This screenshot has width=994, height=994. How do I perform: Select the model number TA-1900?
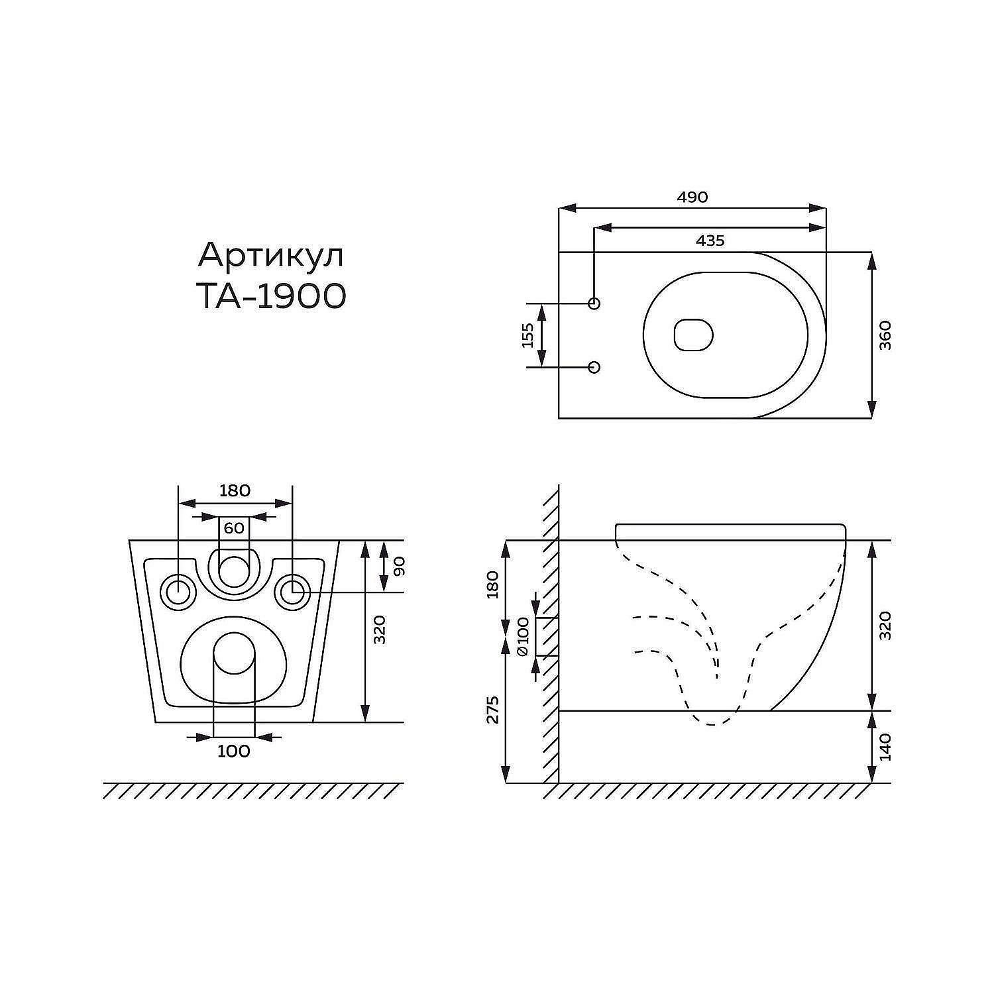point(272,296)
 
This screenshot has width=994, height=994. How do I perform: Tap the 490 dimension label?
point(692,197)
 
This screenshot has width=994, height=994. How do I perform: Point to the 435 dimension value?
point(710,241)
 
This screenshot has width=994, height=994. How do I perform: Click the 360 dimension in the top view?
point(885,335)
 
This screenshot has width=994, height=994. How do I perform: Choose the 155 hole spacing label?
point(527,335)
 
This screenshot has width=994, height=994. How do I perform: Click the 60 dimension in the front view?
point(234,528)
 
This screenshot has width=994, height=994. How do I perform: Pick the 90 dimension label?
point(399,567)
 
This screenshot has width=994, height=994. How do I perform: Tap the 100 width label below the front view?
point(234,751)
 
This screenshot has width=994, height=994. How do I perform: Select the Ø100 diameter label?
point(523,636)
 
